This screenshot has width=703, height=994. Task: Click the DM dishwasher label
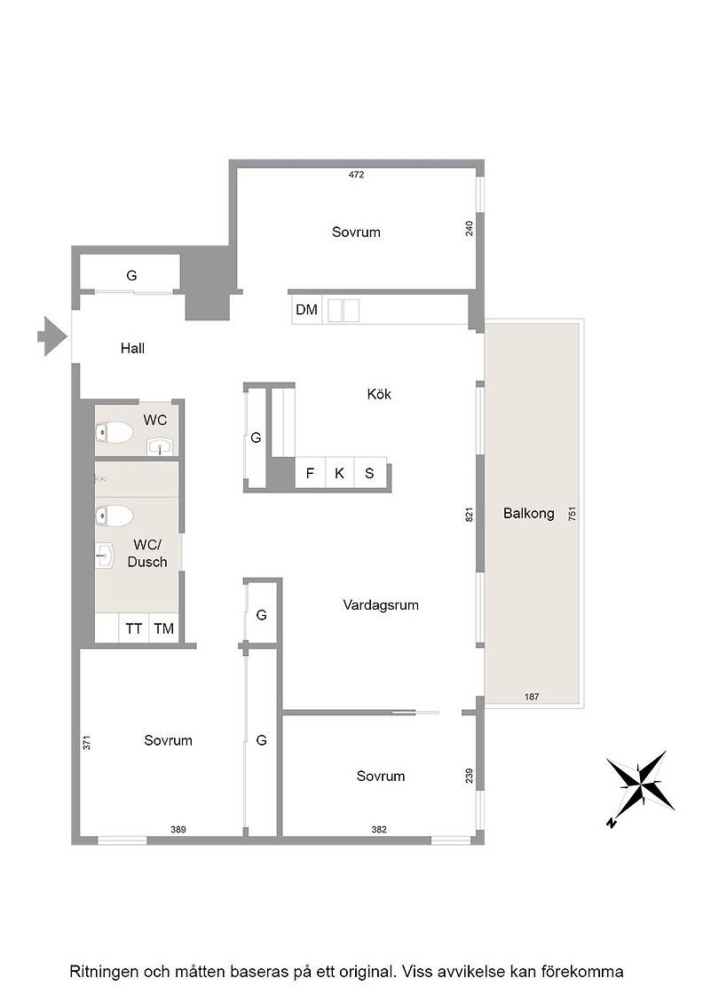pyautogui.click(x=307, y=310)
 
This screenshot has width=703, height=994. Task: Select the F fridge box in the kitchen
pyautogui.click(x=310, y=473)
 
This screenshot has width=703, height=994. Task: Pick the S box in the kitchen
pyautogui.click(x=369, y=473)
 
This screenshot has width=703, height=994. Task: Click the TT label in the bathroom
pyautogui.click(x=134, y=629)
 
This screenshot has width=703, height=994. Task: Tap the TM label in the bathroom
pyautogui.click(x=163, y=629)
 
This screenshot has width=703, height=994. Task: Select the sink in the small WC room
pyautogui.click(x=161, y=446)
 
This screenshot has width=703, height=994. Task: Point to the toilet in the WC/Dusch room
pyautogui.click(x=115, y=516)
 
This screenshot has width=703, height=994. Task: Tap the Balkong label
pyautogui.click(x=529, y=514)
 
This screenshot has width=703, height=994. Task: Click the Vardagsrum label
pyautogui.click(x=381, y=605)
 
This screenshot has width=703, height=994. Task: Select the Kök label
pyautogui.click(x=379, y=394)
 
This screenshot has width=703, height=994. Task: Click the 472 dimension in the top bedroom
pyautogui.click(x=356, y=175)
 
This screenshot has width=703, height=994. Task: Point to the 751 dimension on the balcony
pyautogui.click(x=573, y=514)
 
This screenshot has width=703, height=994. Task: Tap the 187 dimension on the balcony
pyautogui.click(x=532, y=697)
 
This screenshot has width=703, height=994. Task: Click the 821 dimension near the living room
pyautogui.click(x=470, y=514)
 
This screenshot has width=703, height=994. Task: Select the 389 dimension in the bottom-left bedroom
pyautogui.click(x=178, y=829)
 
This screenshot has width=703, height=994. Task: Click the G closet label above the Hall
pyautogui.click(x=132, y=276)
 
